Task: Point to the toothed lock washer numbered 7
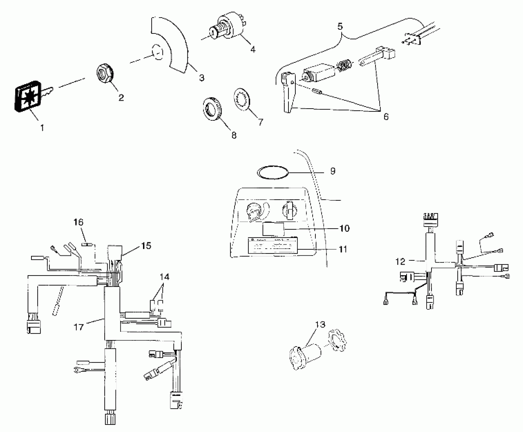(242, 99)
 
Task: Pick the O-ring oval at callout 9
(273, 173)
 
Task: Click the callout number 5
(340, 26)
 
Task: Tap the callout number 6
(386, 117)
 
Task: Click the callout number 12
(400, 262)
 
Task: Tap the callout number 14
(164, 277)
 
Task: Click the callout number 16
(78, 222)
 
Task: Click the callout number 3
(202, 78)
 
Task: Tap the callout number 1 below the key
(42, 128)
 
